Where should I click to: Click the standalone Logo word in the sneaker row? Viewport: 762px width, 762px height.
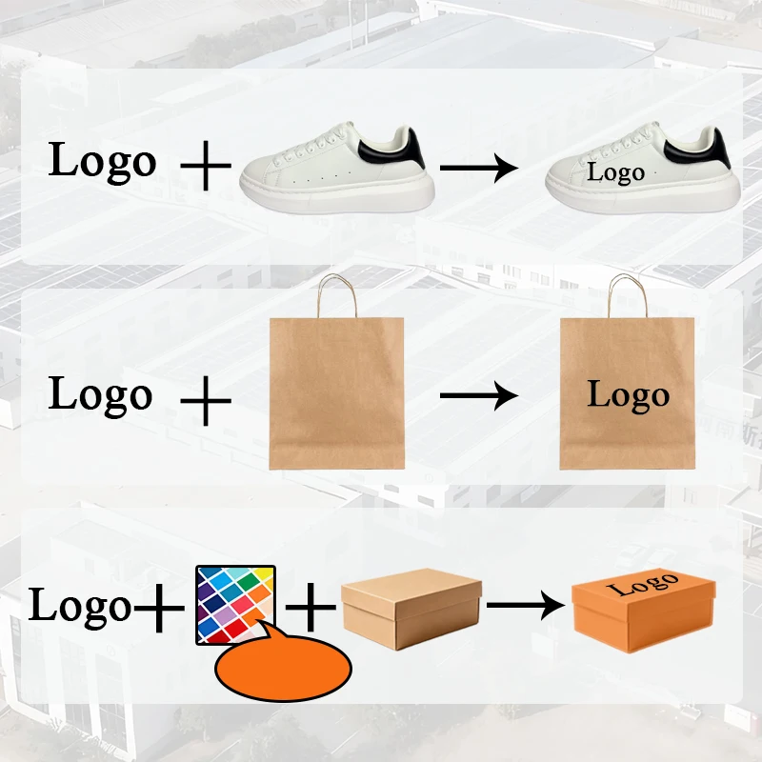(102, 162)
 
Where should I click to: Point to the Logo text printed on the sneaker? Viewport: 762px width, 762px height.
(615, 173)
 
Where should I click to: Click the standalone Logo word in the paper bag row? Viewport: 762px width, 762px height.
(100, 395)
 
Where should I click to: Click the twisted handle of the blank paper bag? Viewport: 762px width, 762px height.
(336, 295)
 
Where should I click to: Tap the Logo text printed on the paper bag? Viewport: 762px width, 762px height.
(628, 394)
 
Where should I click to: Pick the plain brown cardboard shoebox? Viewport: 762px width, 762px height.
(410, 611)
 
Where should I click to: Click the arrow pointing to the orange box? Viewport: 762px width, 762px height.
(525, 604)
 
